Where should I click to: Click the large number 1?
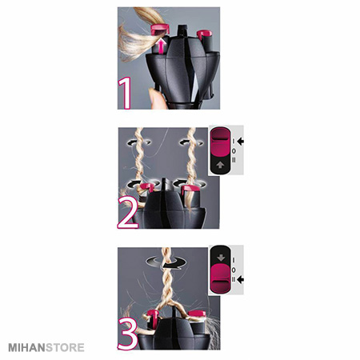(x=126, y=93)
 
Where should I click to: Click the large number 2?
(x=128, y=213)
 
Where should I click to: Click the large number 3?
(x=128, y=334)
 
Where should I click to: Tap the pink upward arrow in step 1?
(x=160, y=46)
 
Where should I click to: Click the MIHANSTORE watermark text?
(x=46, y=348)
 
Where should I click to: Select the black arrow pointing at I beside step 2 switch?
(x=241, y=142)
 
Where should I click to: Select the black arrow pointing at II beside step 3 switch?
(x=241, y=279)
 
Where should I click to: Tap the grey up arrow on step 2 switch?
(x=220, y=165)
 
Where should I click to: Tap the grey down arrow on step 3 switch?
(x=221, y=258)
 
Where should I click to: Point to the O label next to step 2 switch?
(x=234, y=151)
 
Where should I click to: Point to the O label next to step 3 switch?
(x=234, y=270)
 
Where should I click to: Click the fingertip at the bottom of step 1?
(x=156, y=99)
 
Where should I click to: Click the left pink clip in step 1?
(x=160, y=29)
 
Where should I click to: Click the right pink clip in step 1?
(x=205, y=34)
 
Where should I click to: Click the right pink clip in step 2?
(x=190, y=189)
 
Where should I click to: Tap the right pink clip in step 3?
(x=197, y=314)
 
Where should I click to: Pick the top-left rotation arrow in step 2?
(x=138, y=142)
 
